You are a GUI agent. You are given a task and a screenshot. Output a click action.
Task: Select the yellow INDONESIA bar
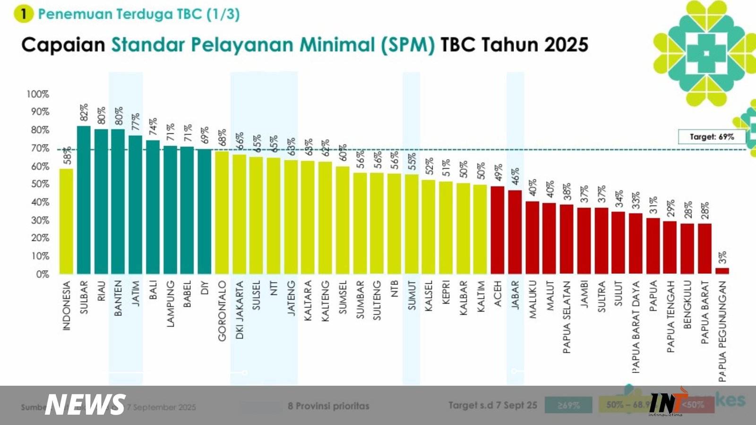pyautogui.click(x=66, y=221)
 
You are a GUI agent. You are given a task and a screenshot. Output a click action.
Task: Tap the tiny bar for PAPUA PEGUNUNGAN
pyautogui.click(x=722, y=271)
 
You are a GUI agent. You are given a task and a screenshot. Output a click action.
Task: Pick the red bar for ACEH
pyautogui.click(x=498, y=230)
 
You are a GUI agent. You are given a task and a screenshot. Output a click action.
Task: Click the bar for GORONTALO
pyautogui.click(x=222, y=212)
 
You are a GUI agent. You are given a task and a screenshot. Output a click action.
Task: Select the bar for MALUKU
pyautogui.click(x=533, y=238)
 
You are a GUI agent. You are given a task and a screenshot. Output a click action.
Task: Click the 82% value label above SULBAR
pyautogui.click(x=84, y=113)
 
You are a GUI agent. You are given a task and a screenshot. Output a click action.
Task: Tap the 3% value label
pyautogui.click(x=722, y=257)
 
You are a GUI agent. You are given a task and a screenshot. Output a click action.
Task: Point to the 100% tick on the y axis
pyautogui.click(x=38, y=94)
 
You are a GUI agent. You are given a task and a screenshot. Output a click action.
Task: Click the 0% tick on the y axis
pyautogui.click(x=43, y=274)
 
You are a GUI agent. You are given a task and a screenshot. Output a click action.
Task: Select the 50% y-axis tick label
pyautogui.click(x=40, y=184)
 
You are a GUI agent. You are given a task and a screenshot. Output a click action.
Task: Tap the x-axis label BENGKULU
pyautogui.click(x=687, y=305)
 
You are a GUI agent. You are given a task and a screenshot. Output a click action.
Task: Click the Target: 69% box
pyautogui.click(x=712, y=137)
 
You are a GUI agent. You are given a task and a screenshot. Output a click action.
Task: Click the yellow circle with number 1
pyautogui.click(x=23, y=14)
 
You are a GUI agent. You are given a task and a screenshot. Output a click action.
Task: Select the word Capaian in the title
pyautogui.click(x=63, y=45)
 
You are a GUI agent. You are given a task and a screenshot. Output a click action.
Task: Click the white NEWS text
pyautogui.click(x=86, y=405)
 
